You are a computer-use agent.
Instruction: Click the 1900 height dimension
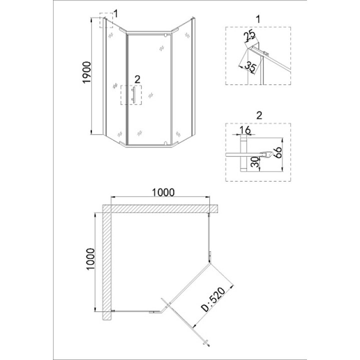pyautogui.click(x=87, y=72)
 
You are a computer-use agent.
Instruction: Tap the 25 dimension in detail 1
pyautogui.click(x=249, y=35)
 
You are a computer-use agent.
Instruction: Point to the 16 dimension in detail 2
pyautogui.click(x=245, y=130)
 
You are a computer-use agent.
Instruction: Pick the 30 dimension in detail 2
pyautogui.click(x=254, y=162)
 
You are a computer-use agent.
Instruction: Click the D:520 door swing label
pyautogui.click(x=213, y=299)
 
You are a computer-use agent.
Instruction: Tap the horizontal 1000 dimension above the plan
pyautogui.click(x=163, y=192)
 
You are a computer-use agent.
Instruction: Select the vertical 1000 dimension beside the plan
pyautogui.click(x=90, y=259)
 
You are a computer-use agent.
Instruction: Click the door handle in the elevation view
pyautogui.click(x=133, y=94)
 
